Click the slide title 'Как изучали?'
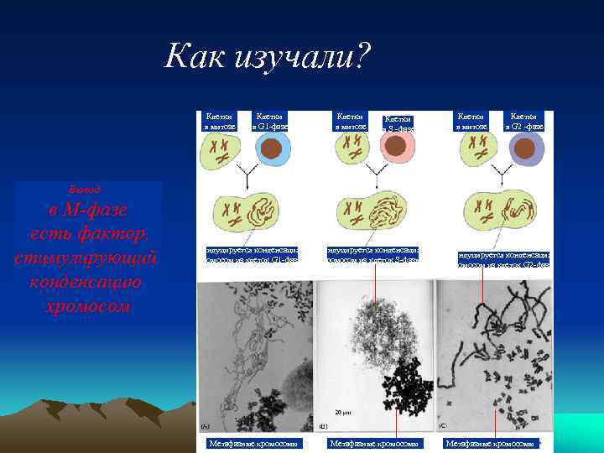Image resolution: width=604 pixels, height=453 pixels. pyautogui.click(x=268, y=56)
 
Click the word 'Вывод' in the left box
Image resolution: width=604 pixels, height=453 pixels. pyautogui.click(x=84, y=189)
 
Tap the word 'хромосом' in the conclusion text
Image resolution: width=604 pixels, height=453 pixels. pyautogui.click(x=88, y=306)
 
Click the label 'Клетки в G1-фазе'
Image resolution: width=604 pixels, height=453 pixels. pyautogui.click(x=269, y=122)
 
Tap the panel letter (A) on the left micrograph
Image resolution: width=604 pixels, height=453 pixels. pyautogui.click(x=206, y=426)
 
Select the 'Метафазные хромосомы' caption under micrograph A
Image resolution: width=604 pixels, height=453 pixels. pyautogui.click(x=248, y=443)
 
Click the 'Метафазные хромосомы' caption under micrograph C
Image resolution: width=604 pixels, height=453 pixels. pyautogui.click(x=491, y=443)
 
